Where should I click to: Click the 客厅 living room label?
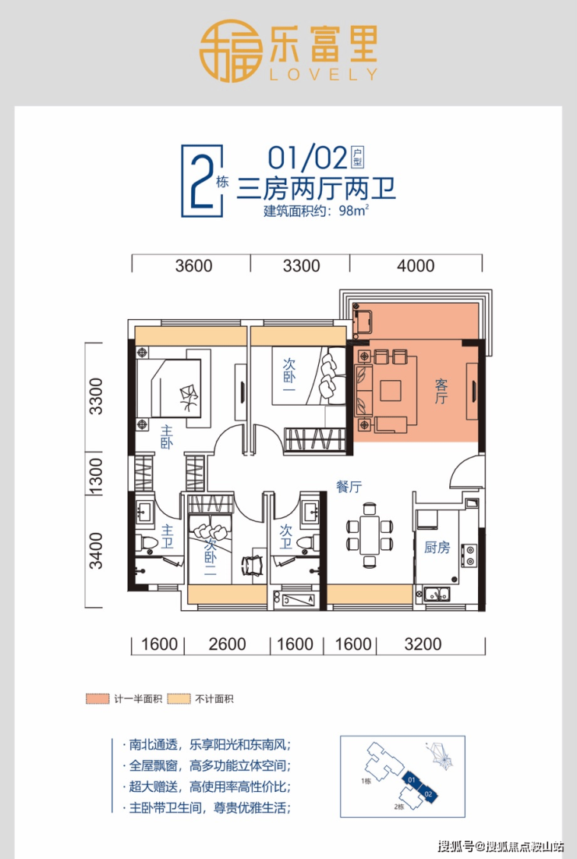click(441, 391)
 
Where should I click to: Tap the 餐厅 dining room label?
click(349, 486)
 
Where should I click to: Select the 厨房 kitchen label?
click(437, 547)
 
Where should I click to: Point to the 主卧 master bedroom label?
click(166, 437)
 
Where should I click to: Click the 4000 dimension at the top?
click(416, 266)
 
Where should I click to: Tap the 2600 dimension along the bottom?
click(227, 644)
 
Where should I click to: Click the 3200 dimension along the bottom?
click(423, 644)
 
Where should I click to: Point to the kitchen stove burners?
click(469, 555)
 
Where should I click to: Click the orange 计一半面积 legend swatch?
click(98, 699)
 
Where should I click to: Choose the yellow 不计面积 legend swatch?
click(179, 699)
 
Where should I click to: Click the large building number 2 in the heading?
click(200, 181)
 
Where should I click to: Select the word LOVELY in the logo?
click(324, 74)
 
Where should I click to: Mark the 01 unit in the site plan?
click(411, 779)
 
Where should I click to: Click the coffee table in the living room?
click(391, 391)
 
